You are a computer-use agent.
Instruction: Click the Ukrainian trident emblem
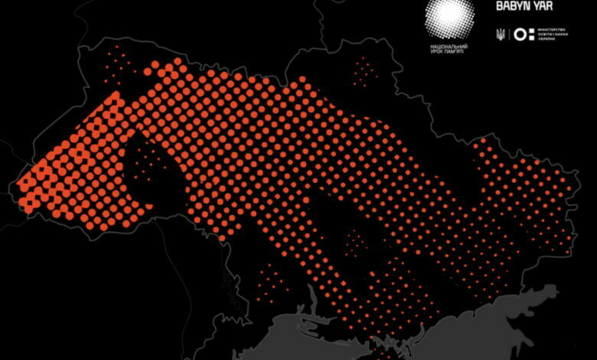pos(500,34)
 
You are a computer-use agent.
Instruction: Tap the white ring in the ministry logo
pos(520,34)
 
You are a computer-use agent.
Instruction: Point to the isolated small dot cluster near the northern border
pos(365,70)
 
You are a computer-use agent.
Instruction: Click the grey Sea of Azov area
pos(490,322)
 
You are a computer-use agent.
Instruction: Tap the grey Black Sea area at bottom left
pos(306,337)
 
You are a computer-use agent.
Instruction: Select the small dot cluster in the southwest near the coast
pos(269,283)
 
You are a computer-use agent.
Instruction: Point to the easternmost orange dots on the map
pos(568,188)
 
